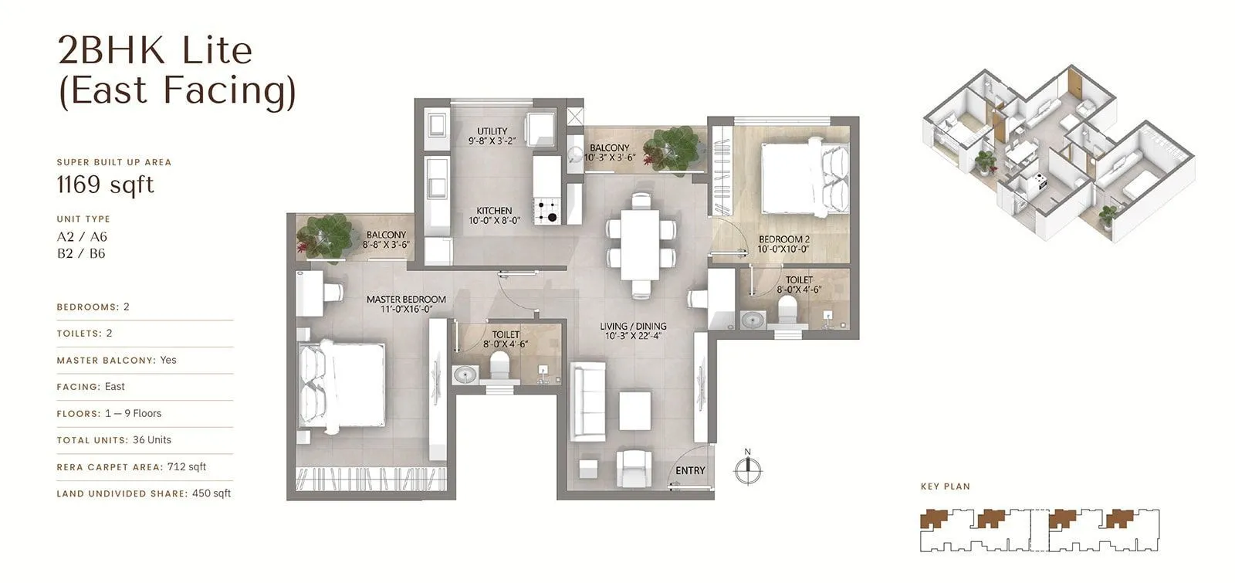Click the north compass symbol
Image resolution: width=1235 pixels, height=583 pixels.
747,469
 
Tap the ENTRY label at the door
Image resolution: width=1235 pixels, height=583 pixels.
690,470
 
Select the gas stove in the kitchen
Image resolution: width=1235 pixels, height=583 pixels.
549,211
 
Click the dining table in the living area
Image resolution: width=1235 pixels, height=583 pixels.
640,245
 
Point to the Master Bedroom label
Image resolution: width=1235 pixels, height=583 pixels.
406,300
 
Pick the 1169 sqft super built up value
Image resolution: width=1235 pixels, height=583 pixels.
106,185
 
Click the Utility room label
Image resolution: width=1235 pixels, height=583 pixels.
492,131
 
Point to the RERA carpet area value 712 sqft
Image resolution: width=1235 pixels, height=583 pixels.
187,466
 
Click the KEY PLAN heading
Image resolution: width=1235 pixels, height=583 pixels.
945,486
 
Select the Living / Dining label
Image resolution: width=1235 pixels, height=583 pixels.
633,326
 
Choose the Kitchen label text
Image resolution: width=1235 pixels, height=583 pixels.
494,210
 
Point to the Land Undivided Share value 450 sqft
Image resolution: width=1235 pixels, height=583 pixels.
211,493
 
